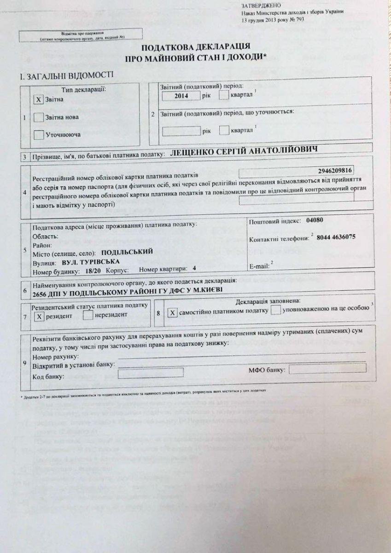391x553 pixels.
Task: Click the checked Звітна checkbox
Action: (39, 99)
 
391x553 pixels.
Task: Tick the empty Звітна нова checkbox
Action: (39, 117)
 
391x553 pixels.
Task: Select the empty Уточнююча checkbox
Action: (39, 135)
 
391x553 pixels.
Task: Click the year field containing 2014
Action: (181, 96)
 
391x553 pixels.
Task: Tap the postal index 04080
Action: (315, 220)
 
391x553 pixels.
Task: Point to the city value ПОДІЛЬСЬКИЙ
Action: (126, 253)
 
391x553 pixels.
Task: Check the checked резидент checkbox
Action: (40, 316)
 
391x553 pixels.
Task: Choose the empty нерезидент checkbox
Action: (88, 316)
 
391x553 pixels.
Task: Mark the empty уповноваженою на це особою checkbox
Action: (276, 311)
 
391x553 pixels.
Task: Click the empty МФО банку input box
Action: (327, 368)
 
